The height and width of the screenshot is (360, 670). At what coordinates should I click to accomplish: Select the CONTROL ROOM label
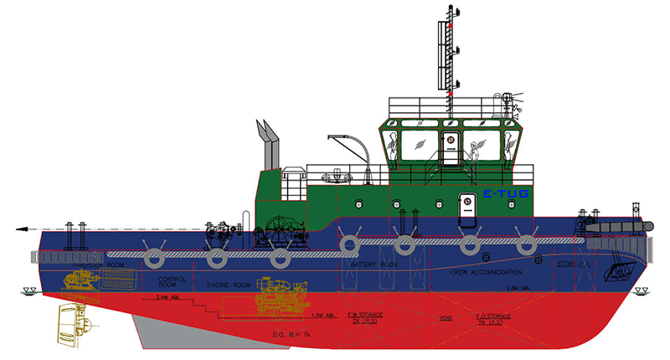click(x=173, y=282)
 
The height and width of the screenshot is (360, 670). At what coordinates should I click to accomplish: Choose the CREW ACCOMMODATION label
click(x=486, y=272)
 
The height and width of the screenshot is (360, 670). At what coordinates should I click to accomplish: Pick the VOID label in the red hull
click(x=446, y=319)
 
